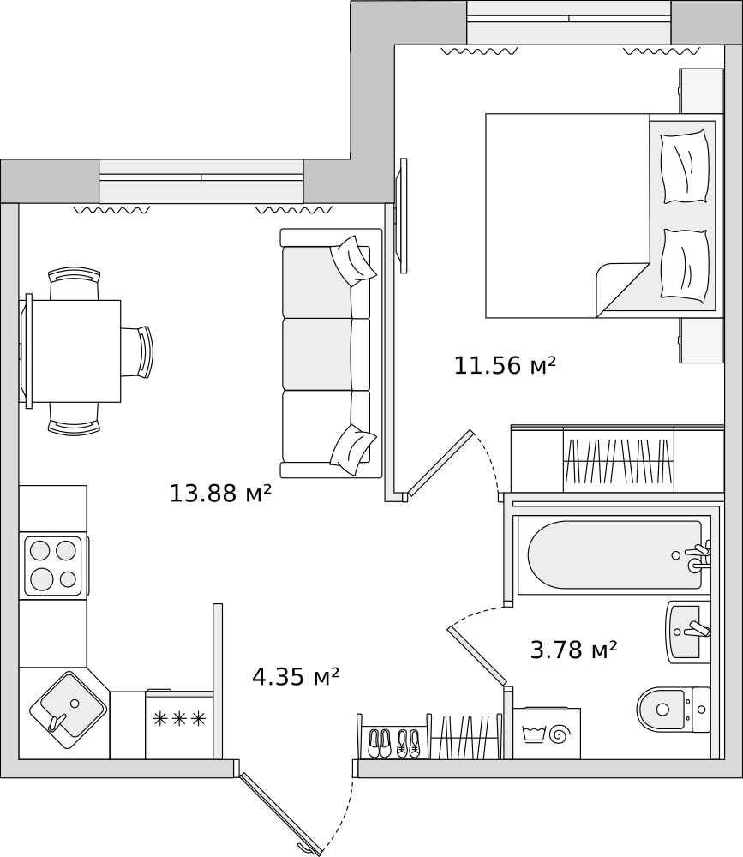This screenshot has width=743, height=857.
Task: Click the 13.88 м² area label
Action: pos(220,493)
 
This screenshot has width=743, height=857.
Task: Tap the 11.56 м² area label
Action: pos(505,365)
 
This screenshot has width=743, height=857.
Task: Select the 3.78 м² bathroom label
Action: pos(573,650)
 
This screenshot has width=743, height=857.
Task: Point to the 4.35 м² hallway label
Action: pos(296,677)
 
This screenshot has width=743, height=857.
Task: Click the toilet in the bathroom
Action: pos(673,710)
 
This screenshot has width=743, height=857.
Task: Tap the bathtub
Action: pos(614,554)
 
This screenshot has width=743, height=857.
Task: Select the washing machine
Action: pos(547,733)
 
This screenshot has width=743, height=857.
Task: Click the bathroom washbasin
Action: pos(688,632)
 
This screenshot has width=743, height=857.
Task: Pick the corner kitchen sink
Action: pos(67,710)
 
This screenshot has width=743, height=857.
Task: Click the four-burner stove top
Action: pos(54,565)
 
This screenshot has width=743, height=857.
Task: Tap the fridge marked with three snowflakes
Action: pos(179,725)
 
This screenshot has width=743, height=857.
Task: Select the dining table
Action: pos(74,351)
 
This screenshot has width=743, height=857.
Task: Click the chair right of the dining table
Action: pos(136,351)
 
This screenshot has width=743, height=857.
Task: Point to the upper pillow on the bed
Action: pos(685,167)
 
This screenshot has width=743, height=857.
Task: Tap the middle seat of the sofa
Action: pos(327,354)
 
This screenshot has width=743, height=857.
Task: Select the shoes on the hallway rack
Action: pos(393,743)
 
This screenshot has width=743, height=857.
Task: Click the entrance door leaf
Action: pos(279,814)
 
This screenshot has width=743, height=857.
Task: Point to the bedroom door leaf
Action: pos(440,463)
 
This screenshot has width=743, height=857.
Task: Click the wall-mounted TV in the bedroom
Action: pos(404,215)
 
